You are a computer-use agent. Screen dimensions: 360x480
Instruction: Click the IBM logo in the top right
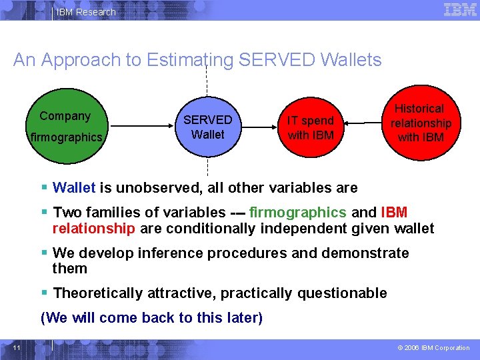[x=460, y=10]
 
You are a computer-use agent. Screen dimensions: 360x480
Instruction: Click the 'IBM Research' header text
[x=86, y=12]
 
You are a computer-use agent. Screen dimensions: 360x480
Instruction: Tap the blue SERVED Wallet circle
[x=207, y=127]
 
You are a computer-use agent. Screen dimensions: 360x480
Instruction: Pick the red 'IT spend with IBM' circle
[x=311, y=127]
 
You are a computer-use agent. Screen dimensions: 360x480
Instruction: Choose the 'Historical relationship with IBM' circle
[x=421, y=123]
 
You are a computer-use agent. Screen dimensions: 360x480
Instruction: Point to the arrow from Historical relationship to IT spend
[x=363, y=123]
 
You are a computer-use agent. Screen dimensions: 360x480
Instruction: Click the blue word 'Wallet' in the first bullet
[x=74, y=188]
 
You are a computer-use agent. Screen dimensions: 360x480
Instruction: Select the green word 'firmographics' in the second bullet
[x=297, y=213]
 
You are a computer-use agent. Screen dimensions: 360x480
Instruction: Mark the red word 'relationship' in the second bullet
[x=93, y=229]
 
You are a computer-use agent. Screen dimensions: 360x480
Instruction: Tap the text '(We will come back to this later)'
[x=151, y=318]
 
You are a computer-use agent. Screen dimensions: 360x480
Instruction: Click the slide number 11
[x=17, y=347]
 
